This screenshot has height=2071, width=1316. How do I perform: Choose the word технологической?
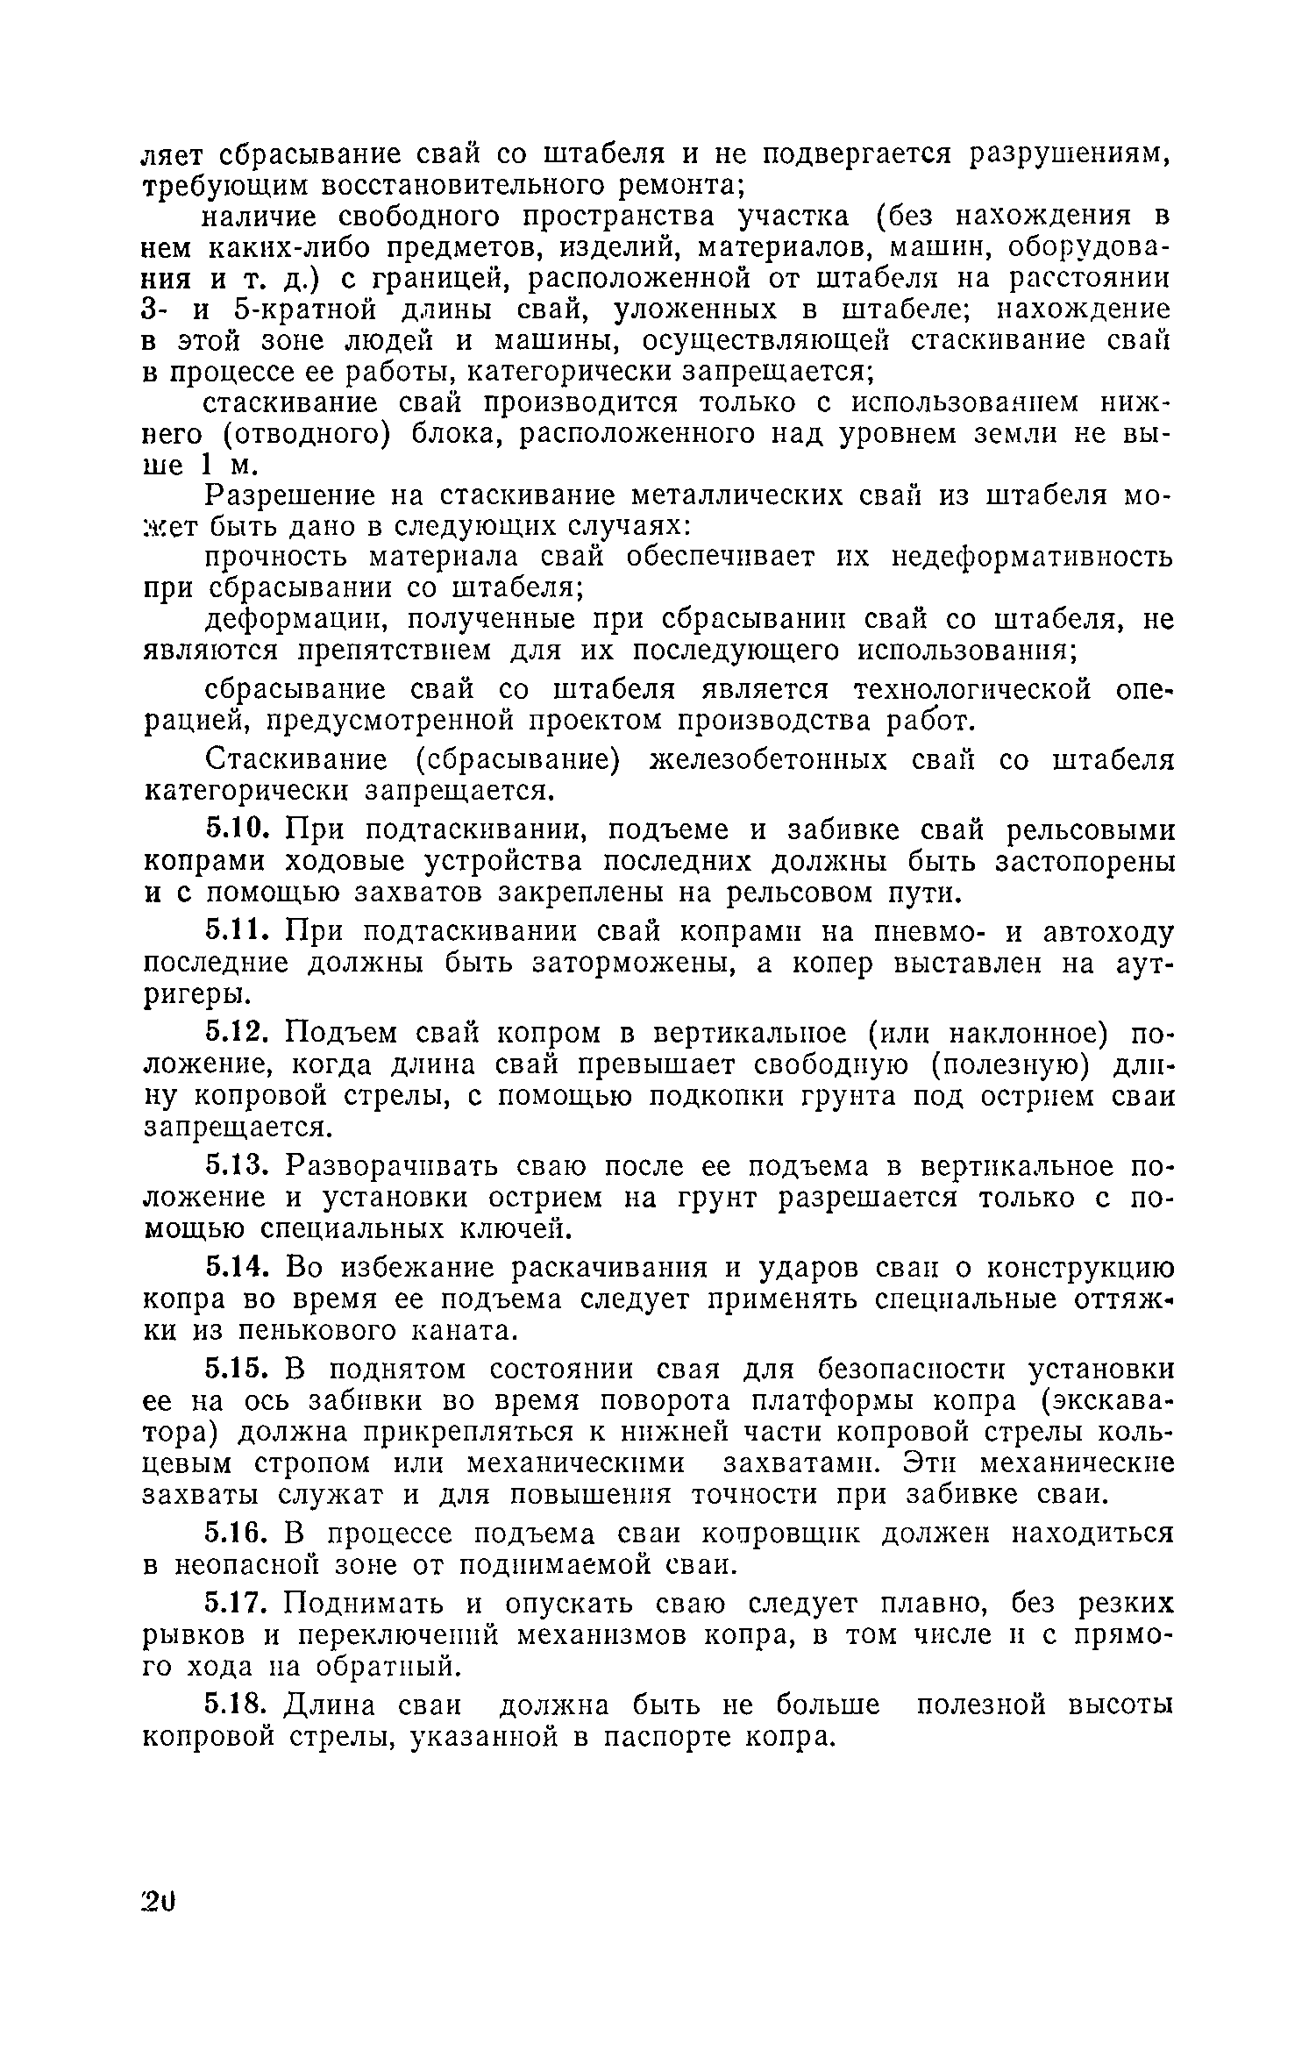pyautogui.click(x=973, y=690)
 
